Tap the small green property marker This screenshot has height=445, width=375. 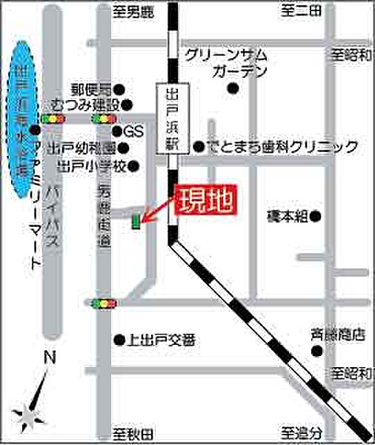[136, 221]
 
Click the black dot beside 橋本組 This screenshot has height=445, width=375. [316, 217]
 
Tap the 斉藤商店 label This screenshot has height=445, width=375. [338, 335]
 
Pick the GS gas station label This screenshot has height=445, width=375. [133, 131]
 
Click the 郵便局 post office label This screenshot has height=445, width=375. [92, 88]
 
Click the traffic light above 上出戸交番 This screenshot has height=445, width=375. [104, 303]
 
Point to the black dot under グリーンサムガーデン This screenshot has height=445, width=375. [233, 89]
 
